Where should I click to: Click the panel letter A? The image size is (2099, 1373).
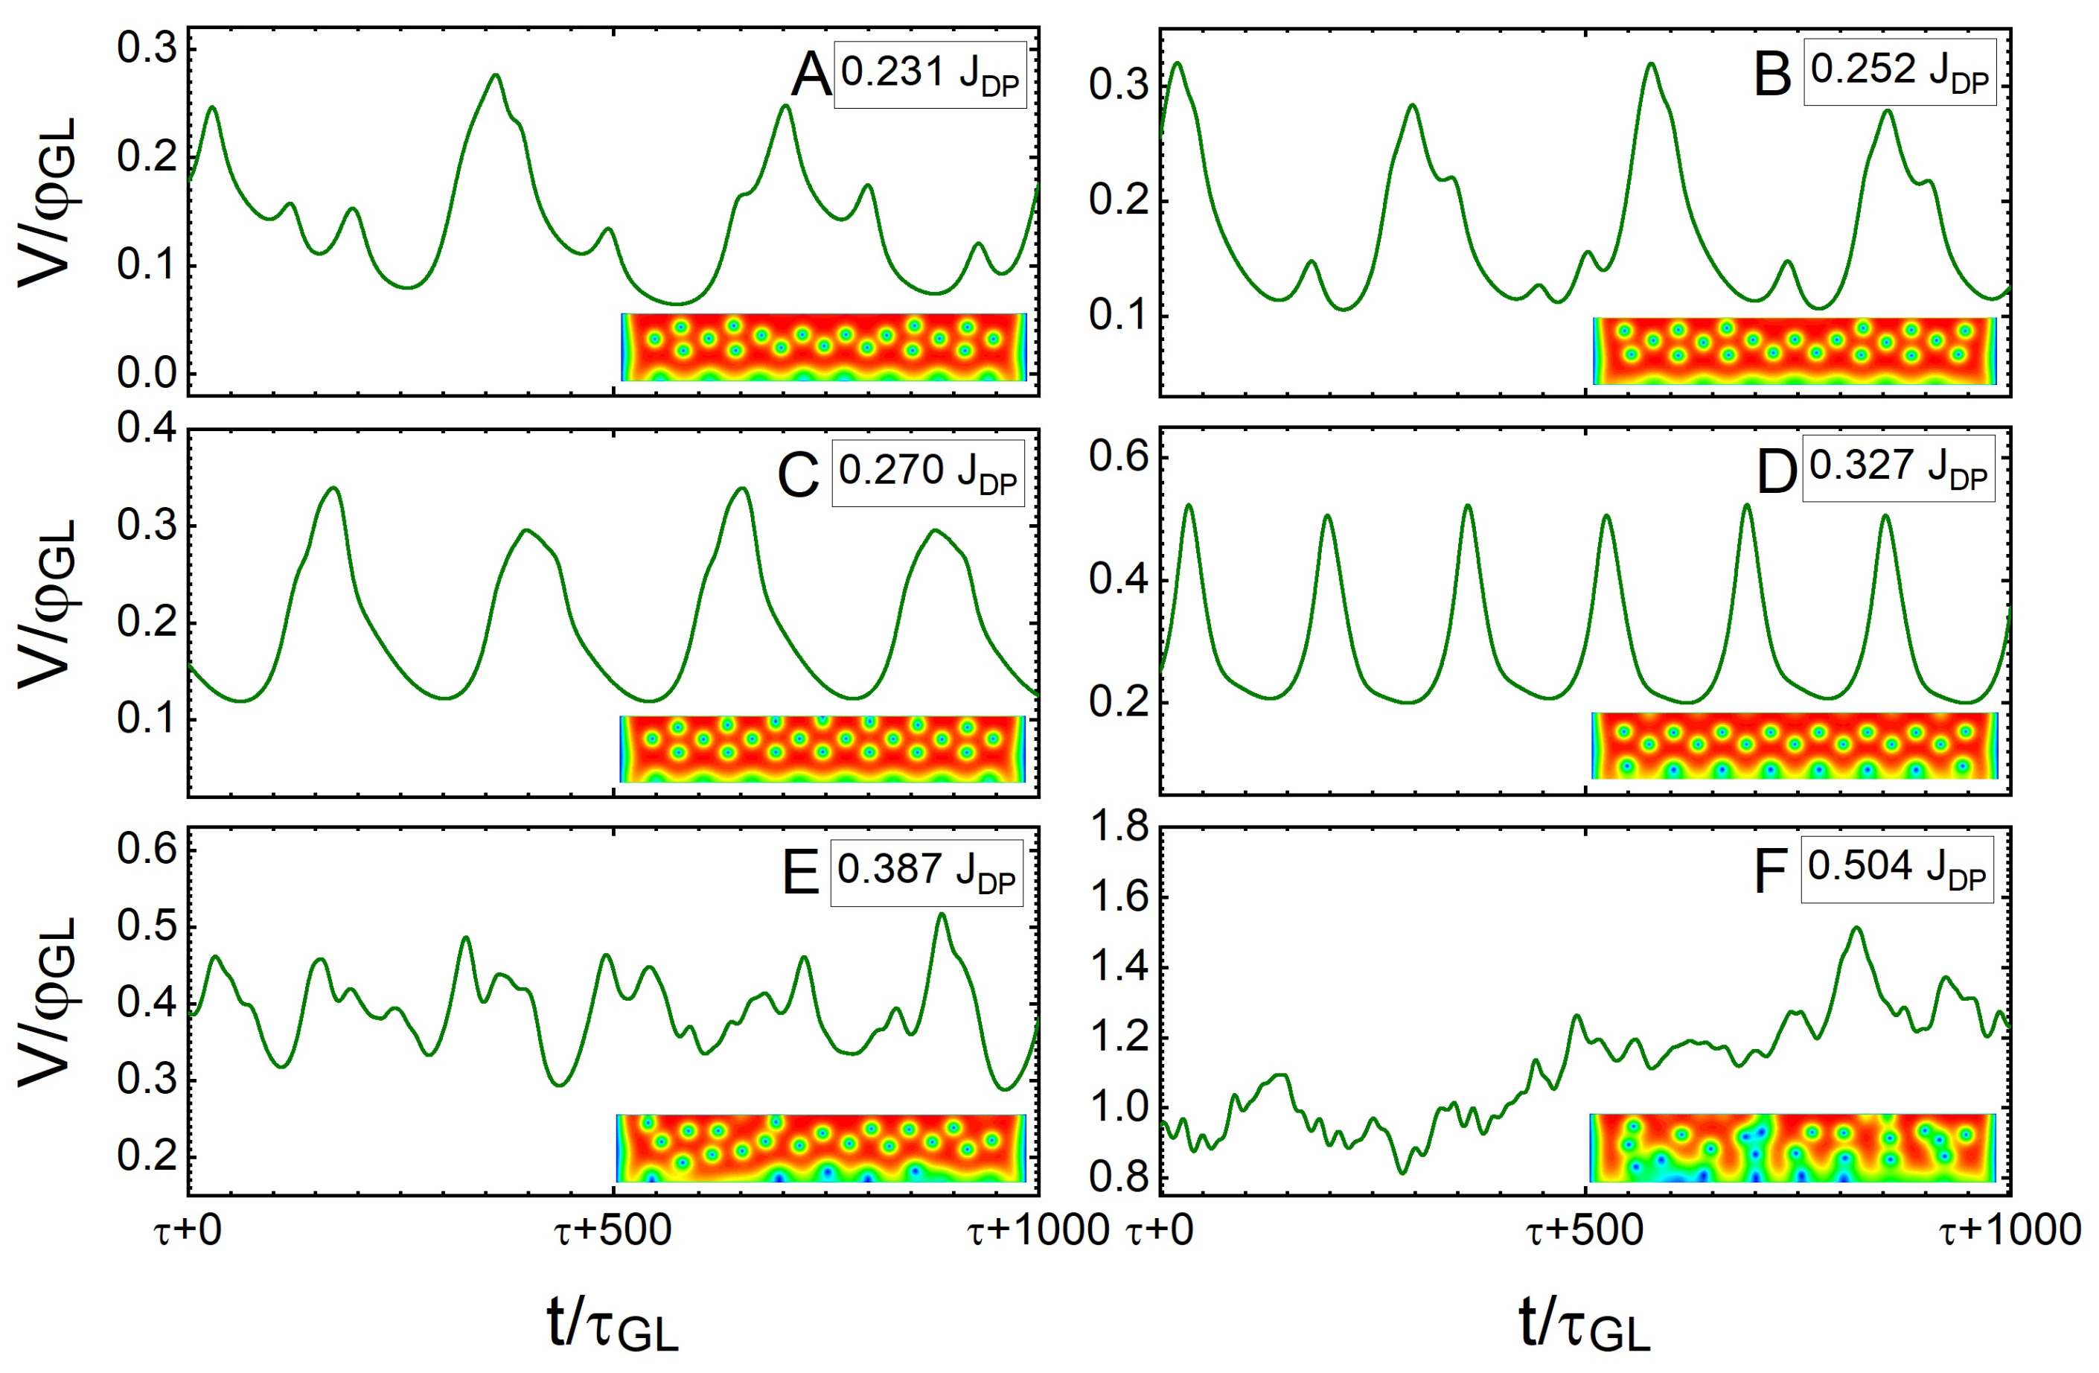click(x=811, y=75)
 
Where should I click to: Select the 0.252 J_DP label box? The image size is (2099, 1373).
click(x=1900, y=72)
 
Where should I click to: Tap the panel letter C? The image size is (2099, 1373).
click(x=798, y=476)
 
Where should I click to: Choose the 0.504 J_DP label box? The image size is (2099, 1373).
click(x=1896, y=869)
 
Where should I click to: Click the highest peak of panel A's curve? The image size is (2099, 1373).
click(x=496, y=75)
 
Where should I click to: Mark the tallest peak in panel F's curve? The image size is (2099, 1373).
click(x=1856, y=928)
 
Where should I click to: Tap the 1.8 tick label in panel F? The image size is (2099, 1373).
click(x=1119, y=828)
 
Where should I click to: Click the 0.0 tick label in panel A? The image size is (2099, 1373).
click(x=147, y=373)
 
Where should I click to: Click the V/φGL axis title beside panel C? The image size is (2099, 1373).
click(x=48, y=602)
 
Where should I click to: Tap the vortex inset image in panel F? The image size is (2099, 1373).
click(x=1792, y=1147)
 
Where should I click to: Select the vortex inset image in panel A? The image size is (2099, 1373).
click(x=824, y=347)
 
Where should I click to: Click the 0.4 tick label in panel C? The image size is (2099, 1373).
click(x=147, y=429)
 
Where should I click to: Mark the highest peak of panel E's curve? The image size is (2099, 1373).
click(x=942, y=914)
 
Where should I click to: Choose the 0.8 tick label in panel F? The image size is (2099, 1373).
click(x=1119, y=1177)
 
